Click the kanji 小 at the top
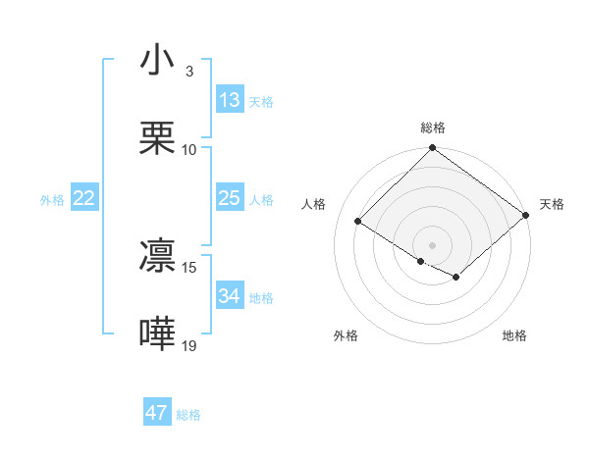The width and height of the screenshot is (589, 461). [157, 62]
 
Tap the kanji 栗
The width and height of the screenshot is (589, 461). [157, 139]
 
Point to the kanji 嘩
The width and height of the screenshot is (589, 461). [157, 333]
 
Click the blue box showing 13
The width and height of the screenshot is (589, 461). [229, 100]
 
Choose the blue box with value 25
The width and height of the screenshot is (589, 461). [229, 198]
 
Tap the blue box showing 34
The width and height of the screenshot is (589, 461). [229, 296]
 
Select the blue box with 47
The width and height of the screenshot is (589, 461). [157, 413]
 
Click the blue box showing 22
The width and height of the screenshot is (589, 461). [84, 198]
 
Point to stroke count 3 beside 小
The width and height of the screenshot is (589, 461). [188, 72]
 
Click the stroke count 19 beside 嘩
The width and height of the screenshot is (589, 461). [189, 344]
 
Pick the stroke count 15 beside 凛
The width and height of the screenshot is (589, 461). [189, 267]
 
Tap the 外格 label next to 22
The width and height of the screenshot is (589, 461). [52, 199]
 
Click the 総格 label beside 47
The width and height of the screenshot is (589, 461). [188, 414]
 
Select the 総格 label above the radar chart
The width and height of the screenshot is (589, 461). [433, 128]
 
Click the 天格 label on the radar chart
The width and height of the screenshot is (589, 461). [552, 204]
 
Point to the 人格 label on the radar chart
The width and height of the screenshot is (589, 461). [315, 204]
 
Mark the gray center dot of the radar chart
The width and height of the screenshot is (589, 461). [433, 245]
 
